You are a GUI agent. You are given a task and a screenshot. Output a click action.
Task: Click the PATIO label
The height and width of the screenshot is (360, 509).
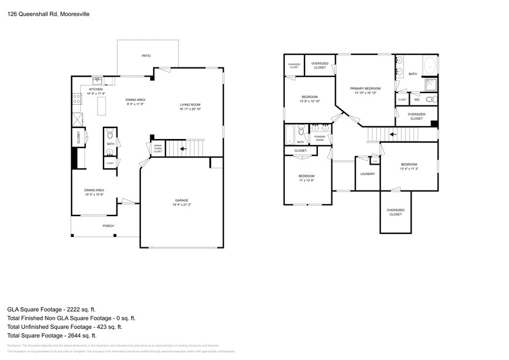(146, 56)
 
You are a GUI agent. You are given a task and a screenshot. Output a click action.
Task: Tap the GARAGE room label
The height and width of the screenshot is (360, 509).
(181, 200)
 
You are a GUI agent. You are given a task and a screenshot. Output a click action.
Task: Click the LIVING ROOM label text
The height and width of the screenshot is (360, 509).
(190, 105)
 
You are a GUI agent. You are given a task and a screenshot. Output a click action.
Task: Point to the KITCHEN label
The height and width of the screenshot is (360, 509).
(87, 89)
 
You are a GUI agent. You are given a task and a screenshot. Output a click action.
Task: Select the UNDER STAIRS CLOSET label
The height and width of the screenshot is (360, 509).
(157, 148)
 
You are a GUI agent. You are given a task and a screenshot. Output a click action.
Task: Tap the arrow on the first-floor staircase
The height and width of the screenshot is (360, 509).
(183, 148)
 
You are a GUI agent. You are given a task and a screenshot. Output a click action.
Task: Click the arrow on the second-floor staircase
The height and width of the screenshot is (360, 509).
(393, 133)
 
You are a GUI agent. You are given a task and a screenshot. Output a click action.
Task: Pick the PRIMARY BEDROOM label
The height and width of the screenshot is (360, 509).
(365, 89)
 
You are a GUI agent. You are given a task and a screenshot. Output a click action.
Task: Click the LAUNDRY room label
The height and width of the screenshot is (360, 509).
(368, 174)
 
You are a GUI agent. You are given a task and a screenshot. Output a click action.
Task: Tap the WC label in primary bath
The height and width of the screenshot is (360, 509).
(417, 99)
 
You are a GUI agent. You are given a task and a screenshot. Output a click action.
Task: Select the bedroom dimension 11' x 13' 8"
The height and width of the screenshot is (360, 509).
(306, 180)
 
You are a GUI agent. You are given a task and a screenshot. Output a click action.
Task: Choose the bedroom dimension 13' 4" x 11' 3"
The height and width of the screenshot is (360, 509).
(409, 168)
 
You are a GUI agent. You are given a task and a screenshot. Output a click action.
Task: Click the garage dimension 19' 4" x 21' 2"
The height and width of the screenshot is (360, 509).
(181, 204)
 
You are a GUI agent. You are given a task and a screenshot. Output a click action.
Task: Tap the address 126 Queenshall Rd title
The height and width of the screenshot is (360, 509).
(40, 13)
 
